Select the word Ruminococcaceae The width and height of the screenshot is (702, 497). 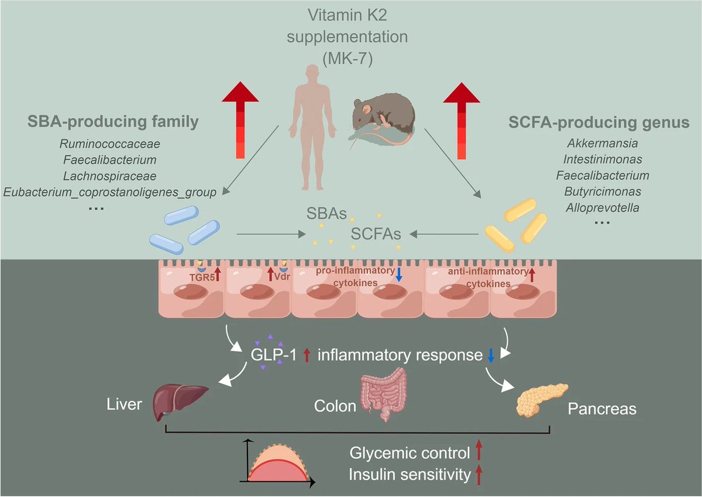[110, 143]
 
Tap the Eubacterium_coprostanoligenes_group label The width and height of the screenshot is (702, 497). [110, 191]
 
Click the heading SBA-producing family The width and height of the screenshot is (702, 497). [112, 122]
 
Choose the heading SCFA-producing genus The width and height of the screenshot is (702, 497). [597, 123]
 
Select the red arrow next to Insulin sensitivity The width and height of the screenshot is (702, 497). [479, 474]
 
